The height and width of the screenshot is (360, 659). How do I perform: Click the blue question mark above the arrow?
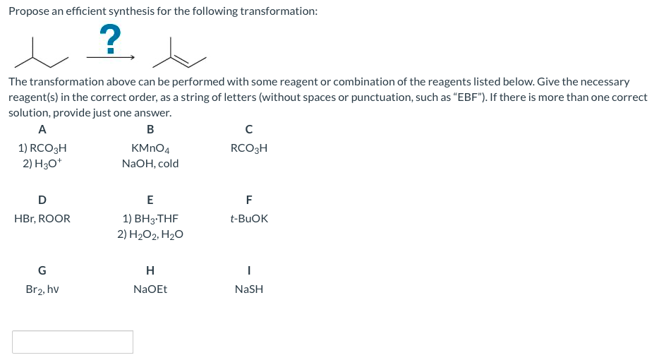pos(110,39)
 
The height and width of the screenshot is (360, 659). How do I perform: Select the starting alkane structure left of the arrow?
pos(41,52)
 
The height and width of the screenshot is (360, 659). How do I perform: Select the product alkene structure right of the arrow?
pos(179,52)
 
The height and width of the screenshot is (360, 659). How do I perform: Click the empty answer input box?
pos(73,342)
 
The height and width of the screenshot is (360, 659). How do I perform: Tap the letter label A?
pos(42,130)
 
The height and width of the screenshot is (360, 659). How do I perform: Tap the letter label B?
pos(150,130)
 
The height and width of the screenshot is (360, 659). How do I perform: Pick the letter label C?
pos(249,130)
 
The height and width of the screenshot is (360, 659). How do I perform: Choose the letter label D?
pos(42,200)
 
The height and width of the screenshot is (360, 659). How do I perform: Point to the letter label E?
pos(150,200)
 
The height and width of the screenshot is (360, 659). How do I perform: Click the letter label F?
pos(249,200)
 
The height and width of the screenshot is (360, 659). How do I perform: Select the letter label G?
pos(42,270)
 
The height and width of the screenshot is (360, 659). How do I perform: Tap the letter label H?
pos(150,270)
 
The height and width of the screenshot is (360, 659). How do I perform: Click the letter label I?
pos(249,270)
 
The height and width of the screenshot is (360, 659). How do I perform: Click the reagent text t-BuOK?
pos(249,219)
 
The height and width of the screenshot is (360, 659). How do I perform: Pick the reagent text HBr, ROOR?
pos(42,219)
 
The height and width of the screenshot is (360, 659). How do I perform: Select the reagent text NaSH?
pos(249,289)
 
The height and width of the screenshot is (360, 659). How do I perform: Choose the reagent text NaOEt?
pos(150,289)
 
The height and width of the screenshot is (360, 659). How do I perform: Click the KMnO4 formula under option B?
pos(150,148)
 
